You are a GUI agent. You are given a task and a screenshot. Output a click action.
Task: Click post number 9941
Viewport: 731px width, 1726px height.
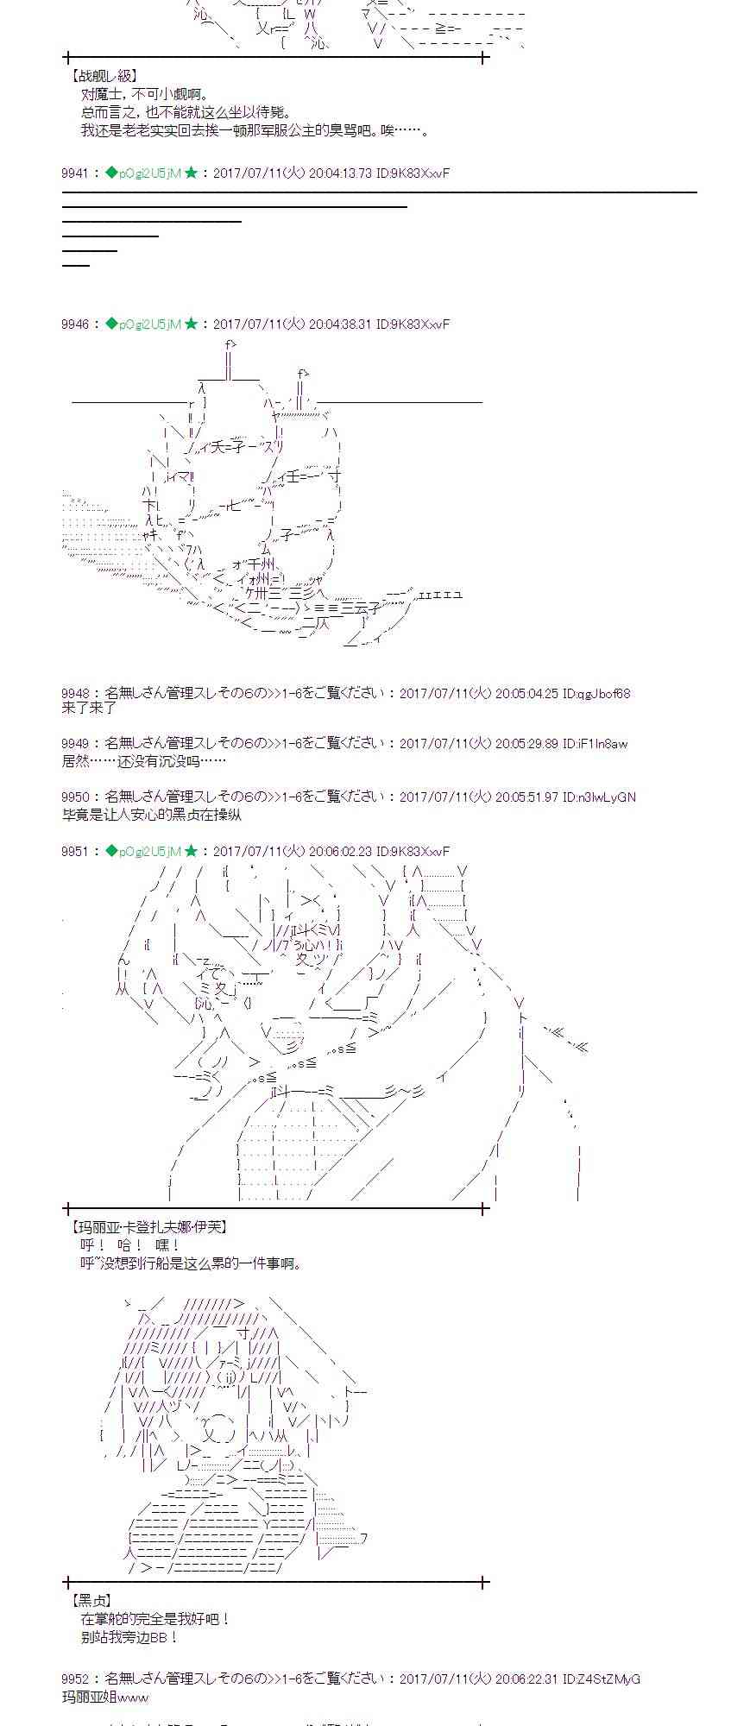coord(75,173)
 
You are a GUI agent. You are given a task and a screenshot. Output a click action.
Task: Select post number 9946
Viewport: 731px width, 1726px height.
coord(75,324)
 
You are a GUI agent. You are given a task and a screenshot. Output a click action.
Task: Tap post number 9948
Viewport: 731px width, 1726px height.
coord(75,693)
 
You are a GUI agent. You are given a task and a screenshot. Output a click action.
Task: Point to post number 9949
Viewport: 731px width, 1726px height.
coord(75,744)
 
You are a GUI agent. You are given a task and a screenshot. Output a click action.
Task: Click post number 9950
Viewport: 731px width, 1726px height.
coord(75,797)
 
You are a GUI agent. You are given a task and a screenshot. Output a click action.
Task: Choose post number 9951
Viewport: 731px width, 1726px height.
coord(75,851)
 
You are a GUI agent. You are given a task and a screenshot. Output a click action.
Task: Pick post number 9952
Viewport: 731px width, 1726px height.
coord(75,1679)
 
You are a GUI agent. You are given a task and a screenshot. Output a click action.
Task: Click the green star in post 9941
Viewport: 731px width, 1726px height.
coord(191,173)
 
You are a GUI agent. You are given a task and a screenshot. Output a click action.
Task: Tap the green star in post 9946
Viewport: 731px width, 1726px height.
coord(191,324)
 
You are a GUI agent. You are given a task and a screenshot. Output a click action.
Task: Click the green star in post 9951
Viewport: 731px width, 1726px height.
coord(191,851)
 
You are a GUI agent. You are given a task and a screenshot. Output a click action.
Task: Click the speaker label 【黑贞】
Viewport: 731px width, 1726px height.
coord(91,1601)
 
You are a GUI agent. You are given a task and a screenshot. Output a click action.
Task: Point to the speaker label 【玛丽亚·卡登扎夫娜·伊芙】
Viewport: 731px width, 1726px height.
coord(148,1227)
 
